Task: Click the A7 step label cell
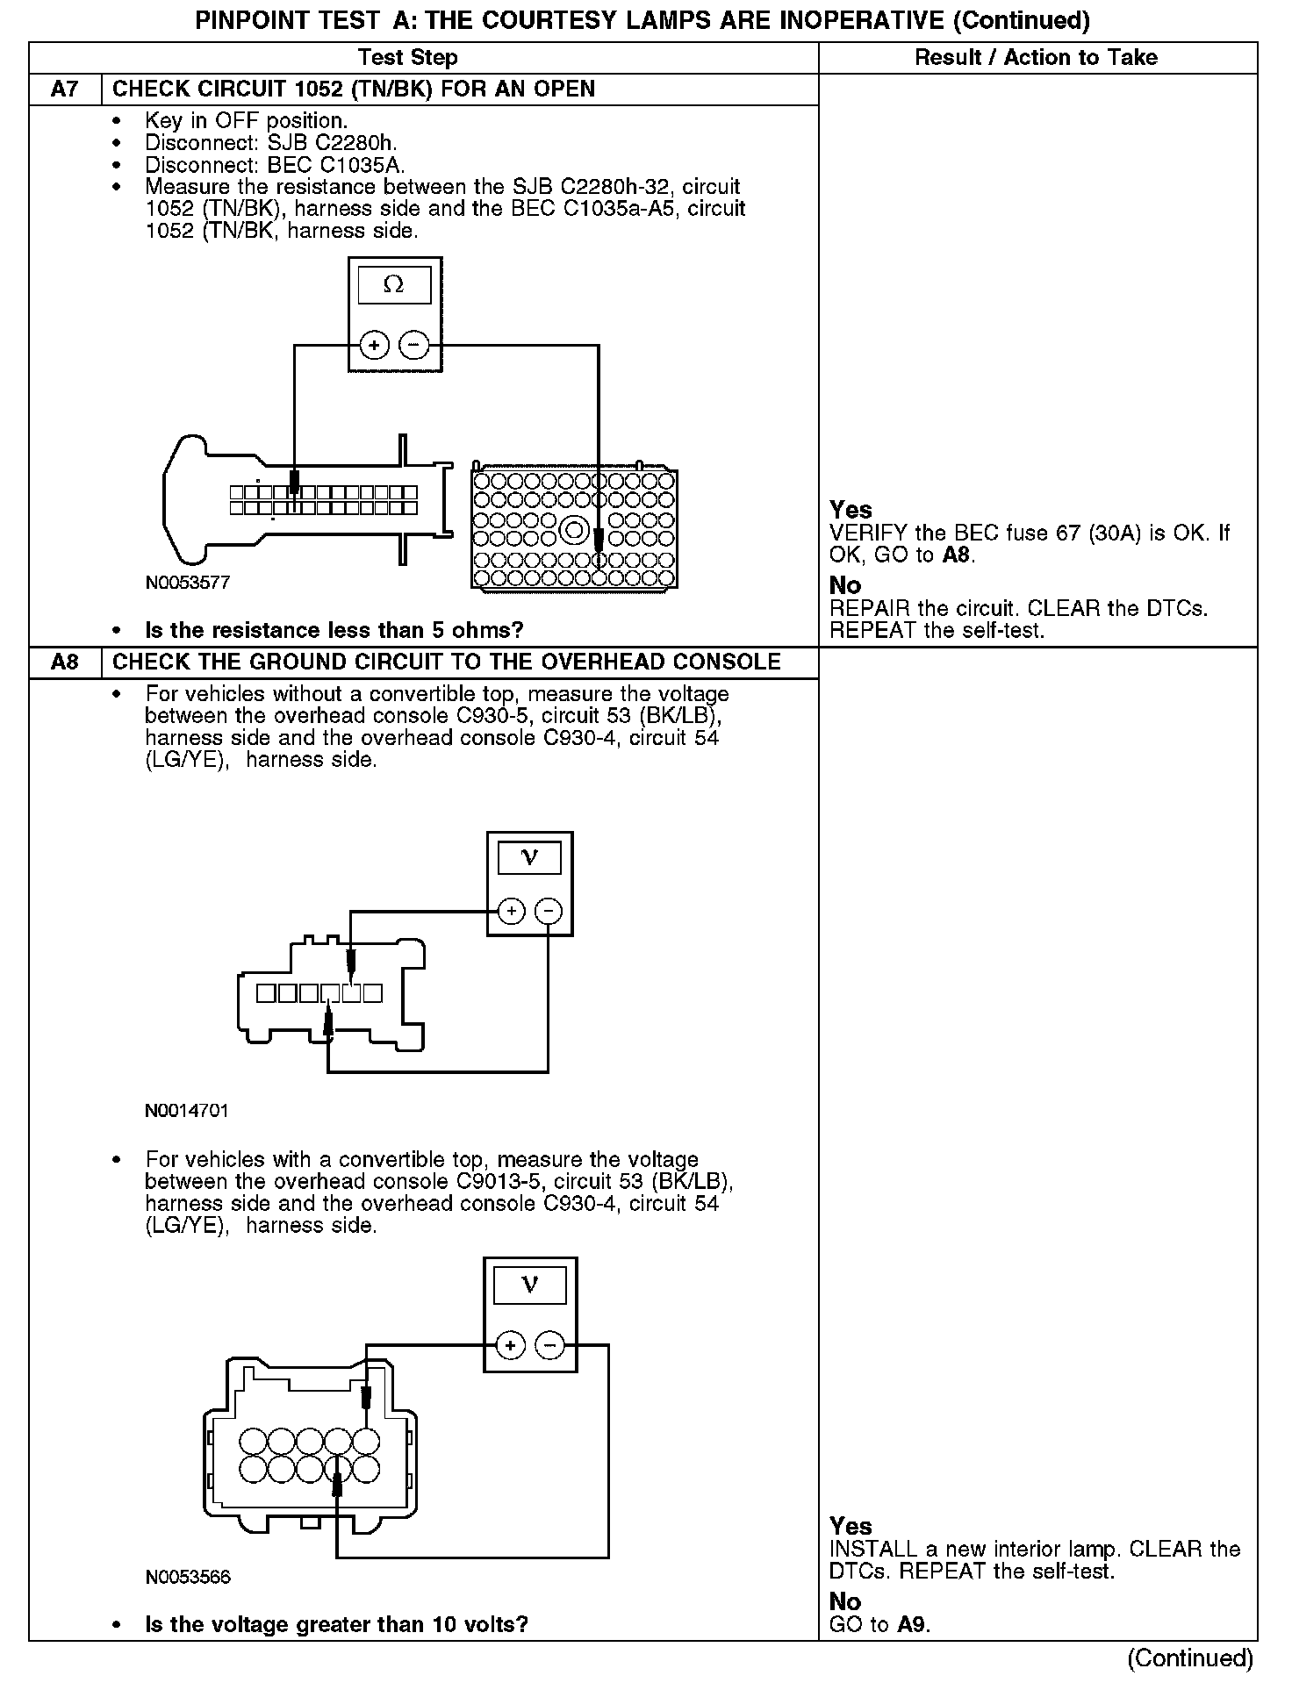click(x=65, y=90)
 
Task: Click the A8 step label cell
click(x=65, y=662)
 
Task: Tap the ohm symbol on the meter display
click(x=394, y=285)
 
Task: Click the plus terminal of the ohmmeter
click(x=375, y=345)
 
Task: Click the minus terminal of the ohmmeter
click(x=414, y=345)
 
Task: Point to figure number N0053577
click(x=188, y=584)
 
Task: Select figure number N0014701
click(x=187, y=1111)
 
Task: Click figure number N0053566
click(x=188, y=1577)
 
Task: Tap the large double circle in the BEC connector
click(x=575, y=530)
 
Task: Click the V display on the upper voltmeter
click(x=529, y=857)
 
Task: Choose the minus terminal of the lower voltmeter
click(x=550, y=1345)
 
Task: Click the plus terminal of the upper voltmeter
click(x=511, y=911)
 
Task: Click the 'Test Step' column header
click(x=408, y=58)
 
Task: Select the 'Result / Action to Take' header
click(x=1036, y=58)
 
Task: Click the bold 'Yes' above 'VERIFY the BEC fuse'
click(x=851, y=511)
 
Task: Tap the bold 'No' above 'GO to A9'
click(x=844, y=1602)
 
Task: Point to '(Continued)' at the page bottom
click(x=1190, y=1658)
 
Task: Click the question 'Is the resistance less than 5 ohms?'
click(x=334, y=631)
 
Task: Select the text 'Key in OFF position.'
click(x=247, y=121)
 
